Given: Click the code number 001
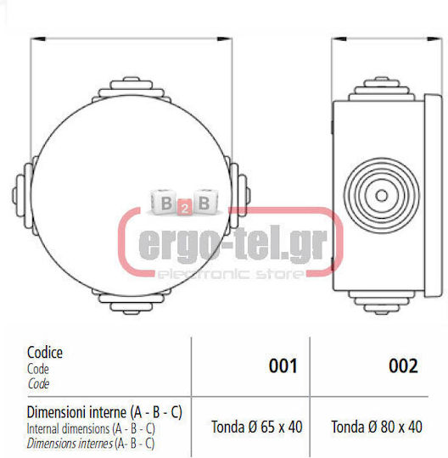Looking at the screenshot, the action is (283, 366).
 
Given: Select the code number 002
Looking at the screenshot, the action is (403, 366).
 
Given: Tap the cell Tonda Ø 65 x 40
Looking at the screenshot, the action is (257, 427).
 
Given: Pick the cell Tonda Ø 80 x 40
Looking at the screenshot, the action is (377, 427).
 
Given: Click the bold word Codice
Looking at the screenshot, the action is (45, 353).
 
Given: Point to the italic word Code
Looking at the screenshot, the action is (38, 384).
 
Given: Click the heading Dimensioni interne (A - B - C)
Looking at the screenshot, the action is (104, 412).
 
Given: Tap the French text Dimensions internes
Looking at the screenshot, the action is (70, 444).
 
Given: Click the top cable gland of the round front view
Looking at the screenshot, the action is (132, 87).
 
